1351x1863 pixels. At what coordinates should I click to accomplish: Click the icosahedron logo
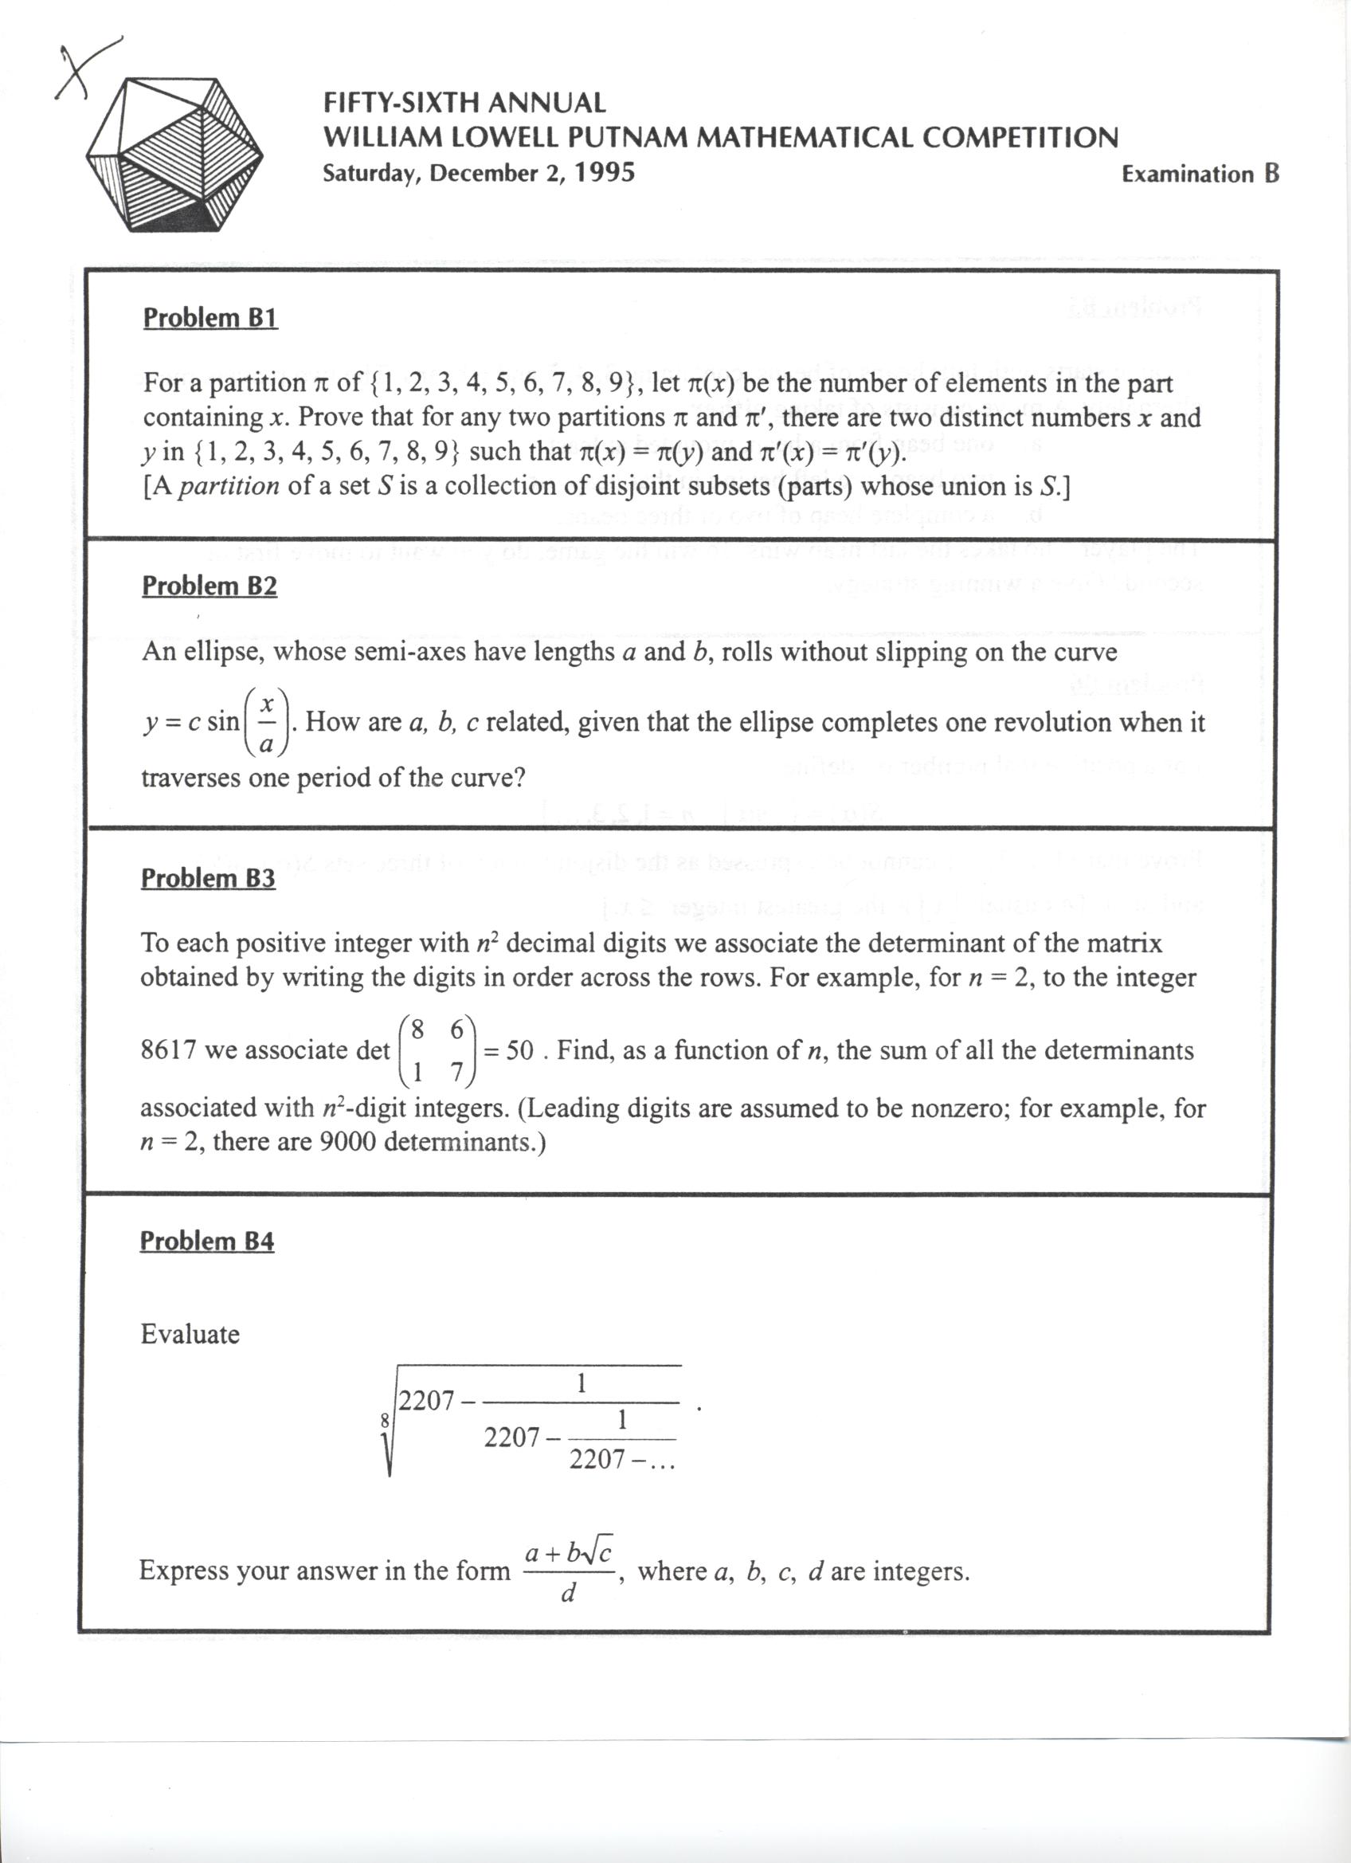pyautogui.click(x=174, y=155)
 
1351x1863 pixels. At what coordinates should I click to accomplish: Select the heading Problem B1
pyautogui.click(x=210, y=318)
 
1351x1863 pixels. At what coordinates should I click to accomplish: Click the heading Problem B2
pyautogui.click(x=210, y=586)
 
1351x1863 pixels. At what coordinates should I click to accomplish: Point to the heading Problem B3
pyautogui.click(x=208, y=878)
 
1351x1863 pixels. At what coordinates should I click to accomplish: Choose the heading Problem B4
pyautogui.click(x=207, y=1241)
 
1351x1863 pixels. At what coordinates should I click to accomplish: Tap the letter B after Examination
pyautogui.click(x=1271, y=174)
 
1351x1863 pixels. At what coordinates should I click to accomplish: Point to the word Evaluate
pyautogui.click(x=190, y=1334)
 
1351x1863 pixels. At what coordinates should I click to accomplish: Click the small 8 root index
pyautogui.click(x=386, y=1419)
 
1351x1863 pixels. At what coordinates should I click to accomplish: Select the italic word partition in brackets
pyautogui.click(x=230, y=486)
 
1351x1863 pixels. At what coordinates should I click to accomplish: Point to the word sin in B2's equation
pyautogui.click(x=222, y=723)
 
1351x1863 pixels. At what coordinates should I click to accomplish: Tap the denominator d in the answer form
pyautogui.click(x=567, y=1594)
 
